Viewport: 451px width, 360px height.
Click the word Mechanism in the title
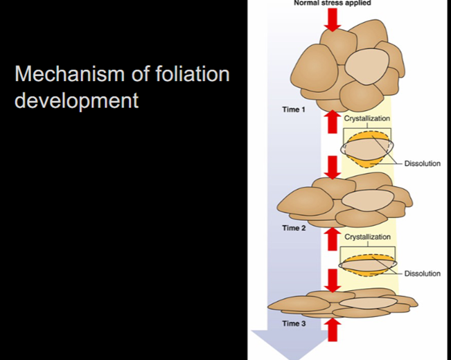69,73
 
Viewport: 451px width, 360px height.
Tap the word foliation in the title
193,73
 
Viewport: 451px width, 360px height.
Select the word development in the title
76,100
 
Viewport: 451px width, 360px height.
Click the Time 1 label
294,109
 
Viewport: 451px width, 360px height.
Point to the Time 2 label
294,228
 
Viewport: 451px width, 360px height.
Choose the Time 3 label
294,323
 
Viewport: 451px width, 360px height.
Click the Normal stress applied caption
333,3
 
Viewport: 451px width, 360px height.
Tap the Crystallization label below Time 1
367,118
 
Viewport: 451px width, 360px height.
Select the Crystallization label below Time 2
368,237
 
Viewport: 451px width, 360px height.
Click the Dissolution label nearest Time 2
422,163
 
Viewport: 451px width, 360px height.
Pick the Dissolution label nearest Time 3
422,273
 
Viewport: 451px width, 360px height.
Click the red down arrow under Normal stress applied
333,20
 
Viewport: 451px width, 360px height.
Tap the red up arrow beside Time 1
333,121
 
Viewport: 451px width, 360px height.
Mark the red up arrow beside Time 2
333,239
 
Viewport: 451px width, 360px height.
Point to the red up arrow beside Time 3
333,330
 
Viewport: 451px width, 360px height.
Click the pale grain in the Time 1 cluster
366,66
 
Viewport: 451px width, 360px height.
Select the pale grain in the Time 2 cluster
368,200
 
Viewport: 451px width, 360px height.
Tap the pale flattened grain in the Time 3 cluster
368,303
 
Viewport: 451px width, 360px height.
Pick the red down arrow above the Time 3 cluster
333,280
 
